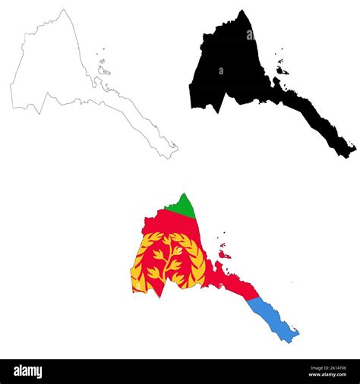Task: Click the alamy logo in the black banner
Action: [28, 371]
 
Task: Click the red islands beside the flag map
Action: [223, 251]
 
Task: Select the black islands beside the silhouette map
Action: [282, 70]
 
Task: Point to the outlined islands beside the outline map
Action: [103, 71]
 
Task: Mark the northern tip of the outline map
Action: [64, 10]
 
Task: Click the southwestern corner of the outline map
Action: [12, 105]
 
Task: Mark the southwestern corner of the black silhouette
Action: [191, 105]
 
